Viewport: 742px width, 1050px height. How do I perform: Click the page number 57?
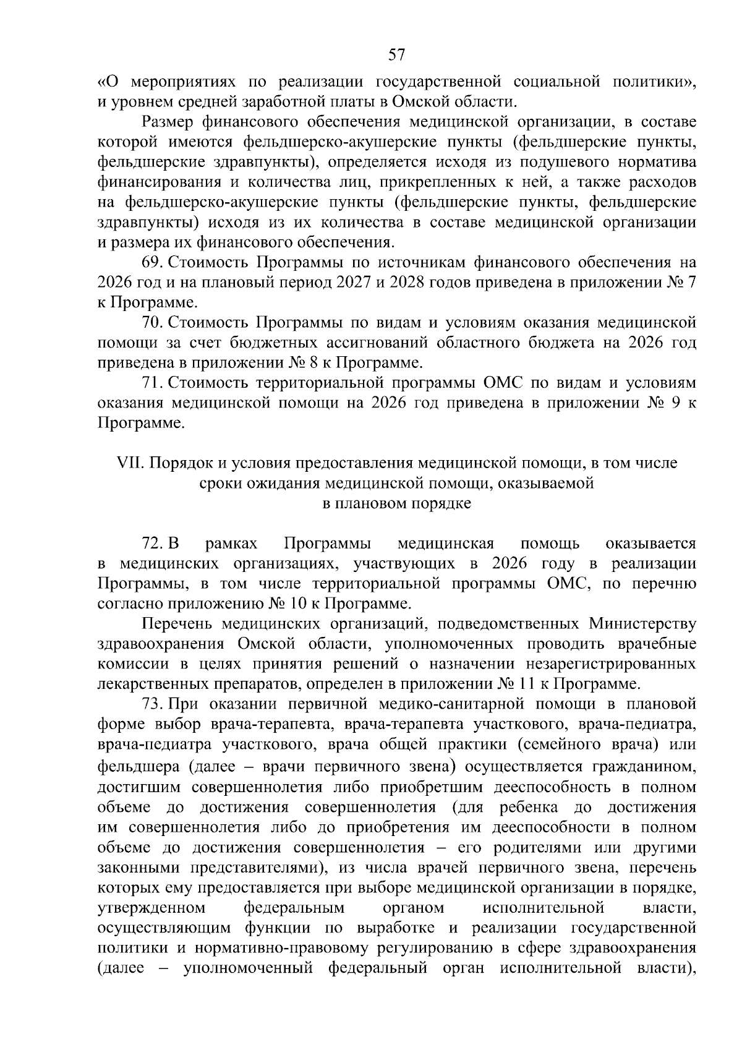pos(396,55)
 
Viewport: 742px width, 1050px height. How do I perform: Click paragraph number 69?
pos(152,262)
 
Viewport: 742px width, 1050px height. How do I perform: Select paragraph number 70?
pos(152,322)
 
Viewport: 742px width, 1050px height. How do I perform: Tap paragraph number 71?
pos(152,383)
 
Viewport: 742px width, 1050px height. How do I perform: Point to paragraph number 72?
pos(152,544)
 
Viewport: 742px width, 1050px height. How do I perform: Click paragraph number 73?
pos(152,704)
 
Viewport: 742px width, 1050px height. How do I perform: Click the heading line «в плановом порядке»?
pos(398,503)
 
